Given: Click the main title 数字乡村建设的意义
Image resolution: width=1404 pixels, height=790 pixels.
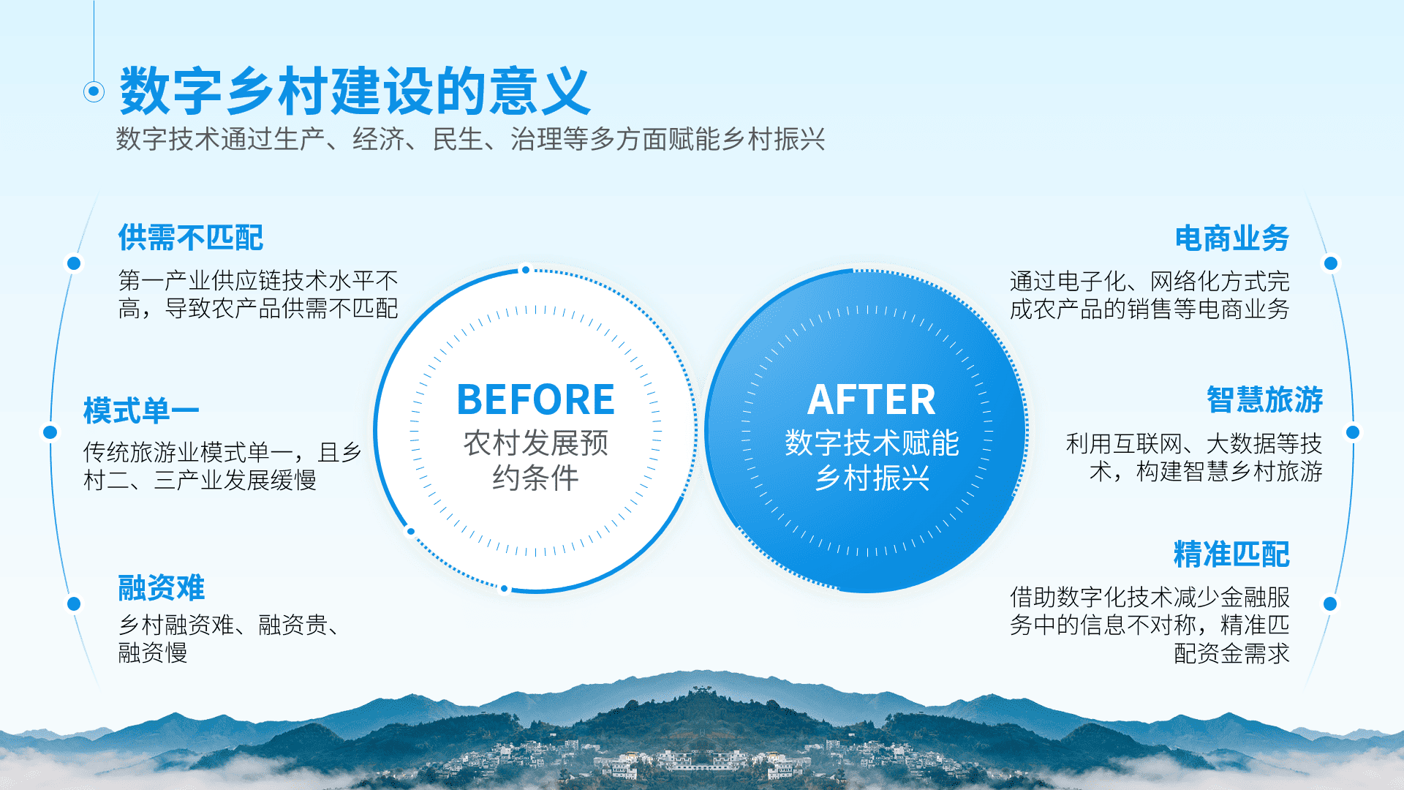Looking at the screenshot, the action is (355, 91).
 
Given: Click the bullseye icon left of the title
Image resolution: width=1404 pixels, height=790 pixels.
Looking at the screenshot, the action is (94, 91).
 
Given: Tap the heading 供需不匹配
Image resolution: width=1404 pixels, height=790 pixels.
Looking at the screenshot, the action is (191, 238).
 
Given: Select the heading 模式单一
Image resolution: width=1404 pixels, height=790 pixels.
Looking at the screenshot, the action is (141, 410).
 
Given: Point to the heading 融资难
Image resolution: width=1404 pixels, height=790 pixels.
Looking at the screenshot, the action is (162, 587).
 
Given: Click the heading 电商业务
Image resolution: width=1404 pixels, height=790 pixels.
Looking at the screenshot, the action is (1232, 238).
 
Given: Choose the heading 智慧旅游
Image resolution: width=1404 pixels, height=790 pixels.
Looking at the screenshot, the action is (1265, 399).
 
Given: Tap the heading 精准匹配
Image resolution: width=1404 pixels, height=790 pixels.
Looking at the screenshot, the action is (1232, 554).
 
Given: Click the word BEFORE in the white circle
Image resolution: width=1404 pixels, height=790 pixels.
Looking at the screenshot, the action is (535, 399).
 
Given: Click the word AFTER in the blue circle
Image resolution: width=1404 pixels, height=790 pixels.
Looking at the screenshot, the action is (871, 400).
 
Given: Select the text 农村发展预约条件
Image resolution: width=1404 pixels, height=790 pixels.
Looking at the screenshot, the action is (535, 460).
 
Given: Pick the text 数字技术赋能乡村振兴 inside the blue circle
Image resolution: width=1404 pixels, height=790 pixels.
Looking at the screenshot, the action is (872, 460).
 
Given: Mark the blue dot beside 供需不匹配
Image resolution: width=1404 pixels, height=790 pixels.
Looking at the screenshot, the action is (74, 263).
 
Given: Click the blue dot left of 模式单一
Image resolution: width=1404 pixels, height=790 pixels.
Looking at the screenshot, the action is (50, 432).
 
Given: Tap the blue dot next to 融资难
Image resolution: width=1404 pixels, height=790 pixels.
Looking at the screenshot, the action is (74, 603).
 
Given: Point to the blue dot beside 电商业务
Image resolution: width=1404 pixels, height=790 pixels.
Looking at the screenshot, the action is (1331, 263).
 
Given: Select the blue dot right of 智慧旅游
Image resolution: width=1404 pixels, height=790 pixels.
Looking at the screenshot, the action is (1353, 432).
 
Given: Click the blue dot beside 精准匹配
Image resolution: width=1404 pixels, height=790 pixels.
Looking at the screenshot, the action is (1330, 603).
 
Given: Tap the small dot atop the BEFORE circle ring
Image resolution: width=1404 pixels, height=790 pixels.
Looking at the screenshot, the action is (525, 270).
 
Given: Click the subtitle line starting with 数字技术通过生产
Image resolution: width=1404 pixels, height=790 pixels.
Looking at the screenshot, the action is (471, 139).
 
